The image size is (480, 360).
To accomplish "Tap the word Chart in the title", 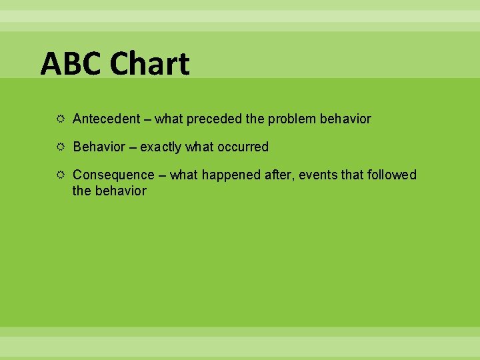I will point(150,64).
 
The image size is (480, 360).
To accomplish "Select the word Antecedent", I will point(106,119).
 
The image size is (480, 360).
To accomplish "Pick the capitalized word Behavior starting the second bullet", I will point(99,147).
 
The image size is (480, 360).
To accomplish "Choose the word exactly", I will point(161,147).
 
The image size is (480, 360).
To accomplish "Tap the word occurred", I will point(241,147).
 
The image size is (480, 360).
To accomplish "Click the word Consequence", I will point(113,175).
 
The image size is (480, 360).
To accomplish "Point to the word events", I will point(317,175).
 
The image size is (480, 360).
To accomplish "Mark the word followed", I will point(391,175).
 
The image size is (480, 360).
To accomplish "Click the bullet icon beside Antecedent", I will point(60,119).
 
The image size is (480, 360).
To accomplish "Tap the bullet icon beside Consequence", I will point(60,175).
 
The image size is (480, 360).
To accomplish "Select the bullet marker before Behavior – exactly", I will point(60,147).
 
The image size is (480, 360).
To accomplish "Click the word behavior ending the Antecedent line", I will point(345,119).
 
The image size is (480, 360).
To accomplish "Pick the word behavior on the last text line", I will point(119,191).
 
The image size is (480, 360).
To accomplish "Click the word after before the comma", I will point(279,175).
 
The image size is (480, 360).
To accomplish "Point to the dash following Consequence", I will point(162,175).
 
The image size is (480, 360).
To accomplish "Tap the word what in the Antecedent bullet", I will point(169,119).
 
